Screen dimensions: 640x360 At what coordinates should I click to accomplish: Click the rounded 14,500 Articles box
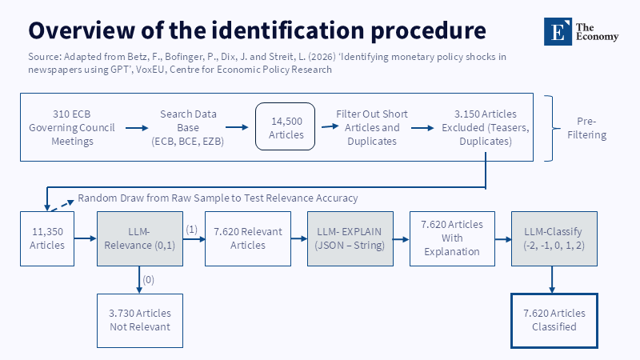tap(286, 126)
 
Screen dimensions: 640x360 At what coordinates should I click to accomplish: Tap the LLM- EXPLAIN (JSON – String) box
tap(350, 238)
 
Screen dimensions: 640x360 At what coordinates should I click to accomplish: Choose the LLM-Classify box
tap(554, 238)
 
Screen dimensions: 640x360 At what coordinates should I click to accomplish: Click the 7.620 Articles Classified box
tap(554, 321)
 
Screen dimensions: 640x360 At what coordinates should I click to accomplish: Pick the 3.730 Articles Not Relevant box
tap(140, 321)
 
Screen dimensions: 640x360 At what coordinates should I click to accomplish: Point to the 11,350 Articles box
tap(47, 238)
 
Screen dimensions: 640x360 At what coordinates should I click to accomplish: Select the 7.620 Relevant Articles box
tap(248, 238)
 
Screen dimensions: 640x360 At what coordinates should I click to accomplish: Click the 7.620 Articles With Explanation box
tap(452, 238)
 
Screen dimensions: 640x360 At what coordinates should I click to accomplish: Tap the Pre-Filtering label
tap(586, 128)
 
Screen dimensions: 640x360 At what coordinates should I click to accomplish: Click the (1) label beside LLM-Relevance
tap(192, 230)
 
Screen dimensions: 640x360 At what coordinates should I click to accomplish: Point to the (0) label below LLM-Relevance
tap(148, 280)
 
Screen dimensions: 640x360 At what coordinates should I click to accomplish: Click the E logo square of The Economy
tap(558, 31)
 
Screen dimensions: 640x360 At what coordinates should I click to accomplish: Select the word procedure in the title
tap(429, 31)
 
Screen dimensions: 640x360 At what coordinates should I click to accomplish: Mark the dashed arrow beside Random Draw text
tap(62, 206)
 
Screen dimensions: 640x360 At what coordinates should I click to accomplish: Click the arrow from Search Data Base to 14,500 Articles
tap(237, 127)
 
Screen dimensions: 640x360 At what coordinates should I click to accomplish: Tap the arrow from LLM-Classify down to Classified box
tap(552, 279)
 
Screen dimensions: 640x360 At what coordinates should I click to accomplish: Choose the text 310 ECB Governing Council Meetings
tap(72, 128)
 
